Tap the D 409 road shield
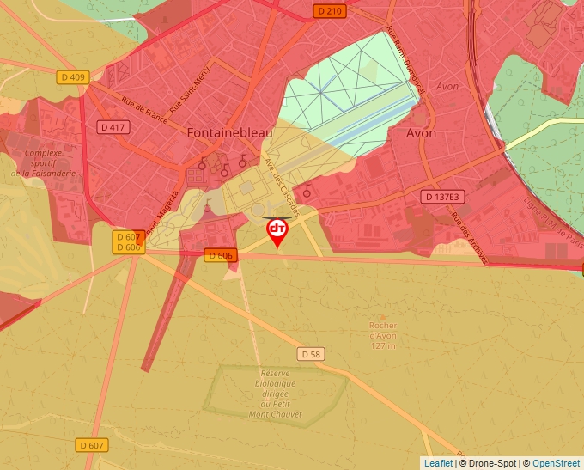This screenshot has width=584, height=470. tap(74, 77)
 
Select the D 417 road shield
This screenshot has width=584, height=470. tap(113, 127)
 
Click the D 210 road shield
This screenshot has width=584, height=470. tap(328, 11)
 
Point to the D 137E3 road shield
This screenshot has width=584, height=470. tap(443, 197)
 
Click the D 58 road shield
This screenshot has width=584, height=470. tap(311, 354)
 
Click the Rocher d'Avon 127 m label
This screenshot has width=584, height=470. tap(383, 335)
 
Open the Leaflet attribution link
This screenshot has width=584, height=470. tap(438, 463)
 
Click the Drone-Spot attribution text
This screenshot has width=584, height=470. tap(490, 463)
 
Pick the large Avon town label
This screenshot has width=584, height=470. tap(421, 134)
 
